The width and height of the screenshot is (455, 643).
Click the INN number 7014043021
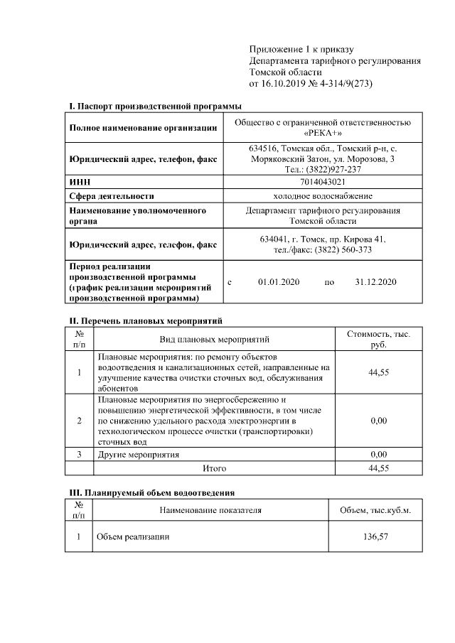(x=322, y=182)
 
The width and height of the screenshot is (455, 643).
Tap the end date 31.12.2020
(x=375, y=282)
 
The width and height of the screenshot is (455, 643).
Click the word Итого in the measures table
(x=214, y=468)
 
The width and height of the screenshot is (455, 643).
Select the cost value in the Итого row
(x=378, y=468)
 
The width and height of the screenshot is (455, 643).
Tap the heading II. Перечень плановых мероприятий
(x=146, y=320)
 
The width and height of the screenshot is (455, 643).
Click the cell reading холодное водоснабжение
(x=322, y=195)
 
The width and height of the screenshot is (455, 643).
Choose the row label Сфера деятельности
(x=112, y=195)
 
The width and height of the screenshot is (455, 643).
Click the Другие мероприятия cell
(x=139, y=454)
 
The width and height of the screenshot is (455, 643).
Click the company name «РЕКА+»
(x=322, y=134)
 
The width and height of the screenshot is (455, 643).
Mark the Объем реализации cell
(x=133, y=536)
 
